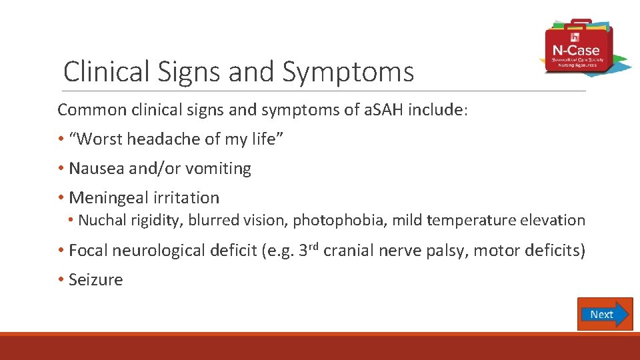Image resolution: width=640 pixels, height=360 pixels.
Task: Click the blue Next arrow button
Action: [x=604, y=314]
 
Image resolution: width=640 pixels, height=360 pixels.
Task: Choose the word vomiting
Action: [x=219, y=169]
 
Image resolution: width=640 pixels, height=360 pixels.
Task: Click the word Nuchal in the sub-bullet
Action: [x=100, y=221]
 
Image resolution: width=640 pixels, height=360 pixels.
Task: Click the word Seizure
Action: [x=96, y=279]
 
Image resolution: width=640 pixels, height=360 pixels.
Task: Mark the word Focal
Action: [x=89, y=251]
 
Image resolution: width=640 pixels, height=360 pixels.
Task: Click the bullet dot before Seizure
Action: [x=61, y=279]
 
